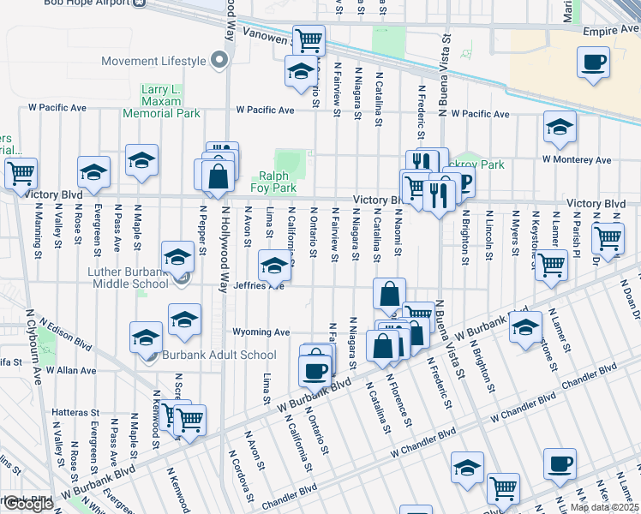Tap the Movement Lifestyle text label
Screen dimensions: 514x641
pyautogui.click(x=153, y=61)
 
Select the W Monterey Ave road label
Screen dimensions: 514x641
pyautogui.click(x=576, y=159)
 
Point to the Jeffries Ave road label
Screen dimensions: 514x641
pyautogui.click(x=259, y=286)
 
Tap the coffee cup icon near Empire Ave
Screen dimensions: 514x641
pyautogui.click(x=593, y=63)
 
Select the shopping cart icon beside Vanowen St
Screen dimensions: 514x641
pyautogui.click(x=308, y=39)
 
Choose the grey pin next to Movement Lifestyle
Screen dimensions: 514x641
pyautogui.click(x=220, y=61)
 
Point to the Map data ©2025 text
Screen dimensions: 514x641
pyautogui.click(x=603, y=507)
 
